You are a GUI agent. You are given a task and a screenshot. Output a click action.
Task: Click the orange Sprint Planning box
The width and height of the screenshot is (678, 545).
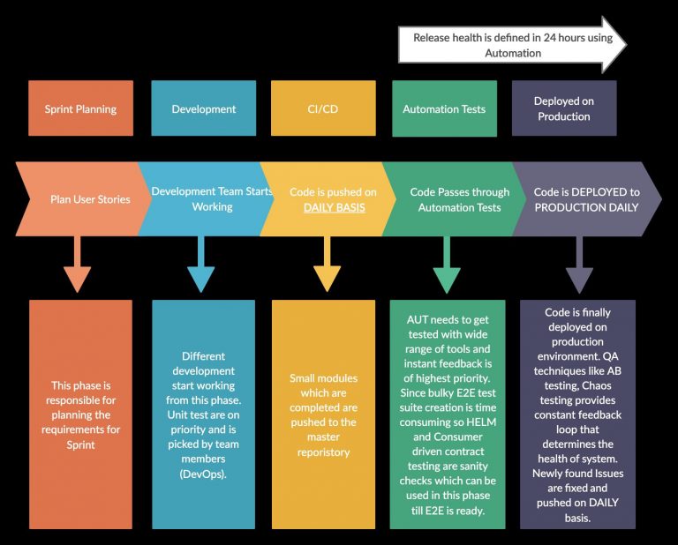(80, 109)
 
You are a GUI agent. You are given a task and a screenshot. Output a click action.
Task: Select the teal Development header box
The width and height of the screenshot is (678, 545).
(203, 109)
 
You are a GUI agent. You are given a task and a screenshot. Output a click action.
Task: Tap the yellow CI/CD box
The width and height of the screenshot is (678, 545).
(322, 109)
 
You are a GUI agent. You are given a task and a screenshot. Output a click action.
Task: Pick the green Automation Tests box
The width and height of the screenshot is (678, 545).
(444, 109)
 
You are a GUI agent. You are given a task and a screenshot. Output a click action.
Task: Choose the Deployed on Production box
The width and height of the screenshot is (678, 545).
(563, 109)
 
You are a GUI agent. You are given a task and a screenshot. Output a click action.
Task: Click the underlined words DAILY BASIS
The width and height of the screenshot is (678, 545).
(334, 208)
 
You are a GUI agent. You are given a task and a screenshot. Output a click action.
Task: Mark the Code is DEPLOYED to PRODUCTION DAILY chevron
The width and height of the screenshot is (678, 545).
(586, 199)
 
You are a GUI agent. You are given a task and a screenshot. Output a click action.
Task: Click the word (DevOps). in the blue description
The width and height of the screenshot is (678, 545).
(203, 474)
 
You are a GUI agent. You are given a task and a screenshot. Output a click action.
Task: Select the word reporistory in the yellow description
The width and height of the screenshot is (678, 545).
(323, 452)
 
